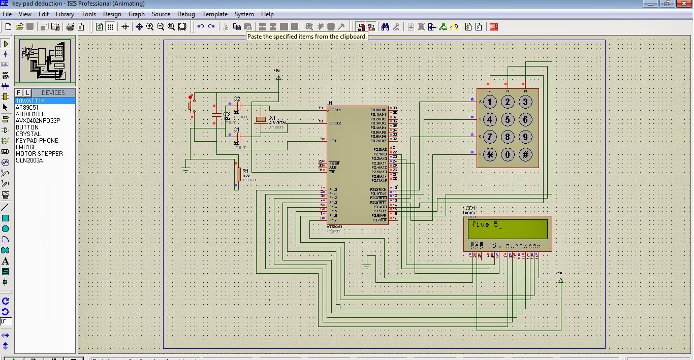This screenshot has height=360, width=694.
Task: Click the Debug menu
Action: (x=186, y=14)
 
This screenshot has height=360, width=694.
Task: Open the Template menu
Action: (x=214, y=14)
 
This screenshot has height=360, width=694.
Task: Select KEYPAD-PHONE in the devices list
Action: (x=37, y=141)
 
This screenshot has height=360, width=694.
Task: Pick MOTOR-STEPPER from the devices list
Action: (x=39, y=154)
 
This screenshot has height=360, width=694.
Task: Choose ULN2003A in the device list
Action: (x=29, y=160)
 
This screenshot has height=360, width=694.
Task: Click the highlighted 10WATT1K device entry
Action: (x=30, y=101)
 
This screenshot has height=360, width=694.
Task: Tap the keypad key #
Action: (x=525, y=155)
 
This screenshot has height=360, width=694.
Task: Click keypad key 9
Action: (x=525, y=137)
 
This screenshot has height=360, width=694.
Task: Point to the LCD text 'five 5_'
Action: (x=487, y=224)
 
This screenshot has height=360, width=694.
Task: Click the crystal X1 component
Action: (x=261, y=119)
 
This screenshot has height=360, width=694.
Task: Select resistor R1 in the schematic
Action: (x=238, y=174)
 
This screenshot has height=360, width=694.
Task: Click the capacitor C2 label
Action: (x=237, y=99)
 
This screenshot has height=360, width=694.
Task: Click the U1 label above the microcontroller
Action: (x=329, y=103)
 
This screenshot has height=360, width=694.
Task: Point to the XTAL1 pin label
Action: (x=335, y=110)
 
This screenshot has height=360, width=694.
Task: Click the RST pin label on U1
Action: (x=333, y=141)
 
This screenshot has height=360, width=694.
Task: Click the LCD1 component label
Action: (x=468, y=209)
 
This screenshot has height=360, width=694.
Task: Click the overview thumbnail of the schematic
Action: (x=45, y=60)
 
